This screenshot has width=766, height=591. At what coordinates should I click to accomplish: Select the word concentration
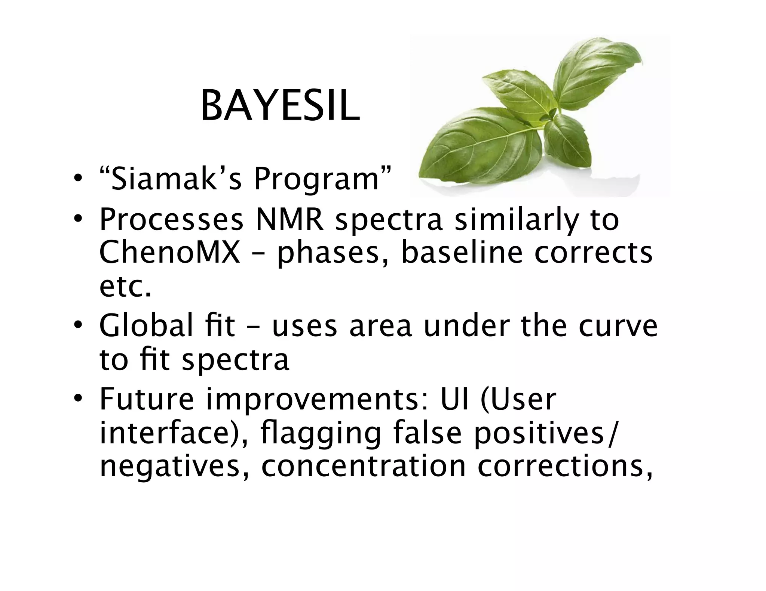coord(363,467)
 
